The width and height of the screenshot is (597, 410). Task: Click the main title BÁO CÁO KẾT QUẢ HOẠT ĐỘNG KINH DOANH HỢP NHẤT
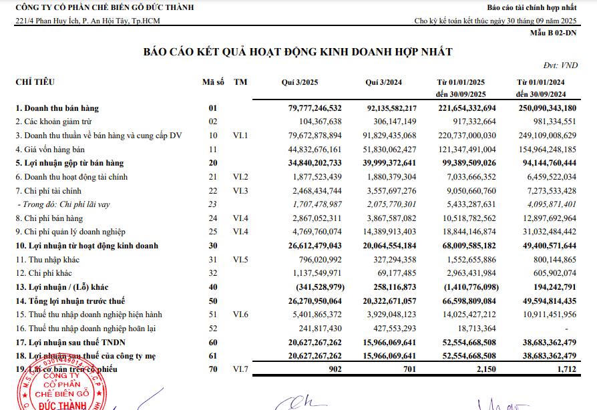point(298,52)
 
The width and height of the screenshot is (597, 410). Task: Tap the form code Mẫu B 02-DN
point(554,32)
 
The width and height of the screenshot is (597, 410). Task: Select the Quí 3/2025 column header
point(300,82)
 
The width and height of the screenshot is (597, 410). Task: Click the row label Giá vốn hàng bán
point(51,149)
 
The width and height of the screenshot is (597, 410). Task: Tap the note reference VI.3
point(241,191)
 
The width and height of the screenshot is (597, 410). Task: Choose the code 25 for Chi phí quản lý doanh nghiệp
point(213,232)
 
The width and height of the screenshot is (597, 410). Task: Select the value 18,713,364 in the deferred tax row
point(472,329)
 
